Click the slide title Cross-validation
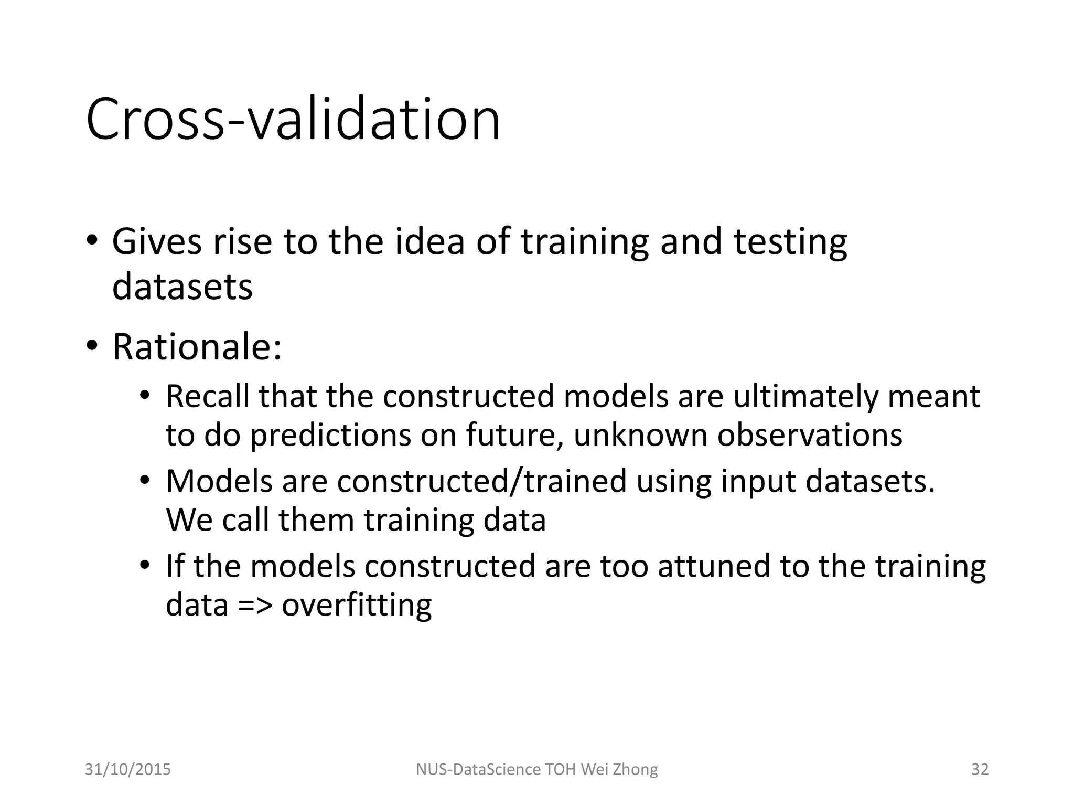293,120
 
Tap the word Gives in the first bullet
156,242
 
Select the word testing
790,242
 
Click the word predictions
331,435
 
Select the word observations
810,435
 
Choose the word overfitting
357,605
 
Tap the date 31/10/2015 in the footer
128,769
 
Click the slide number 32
980,769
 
